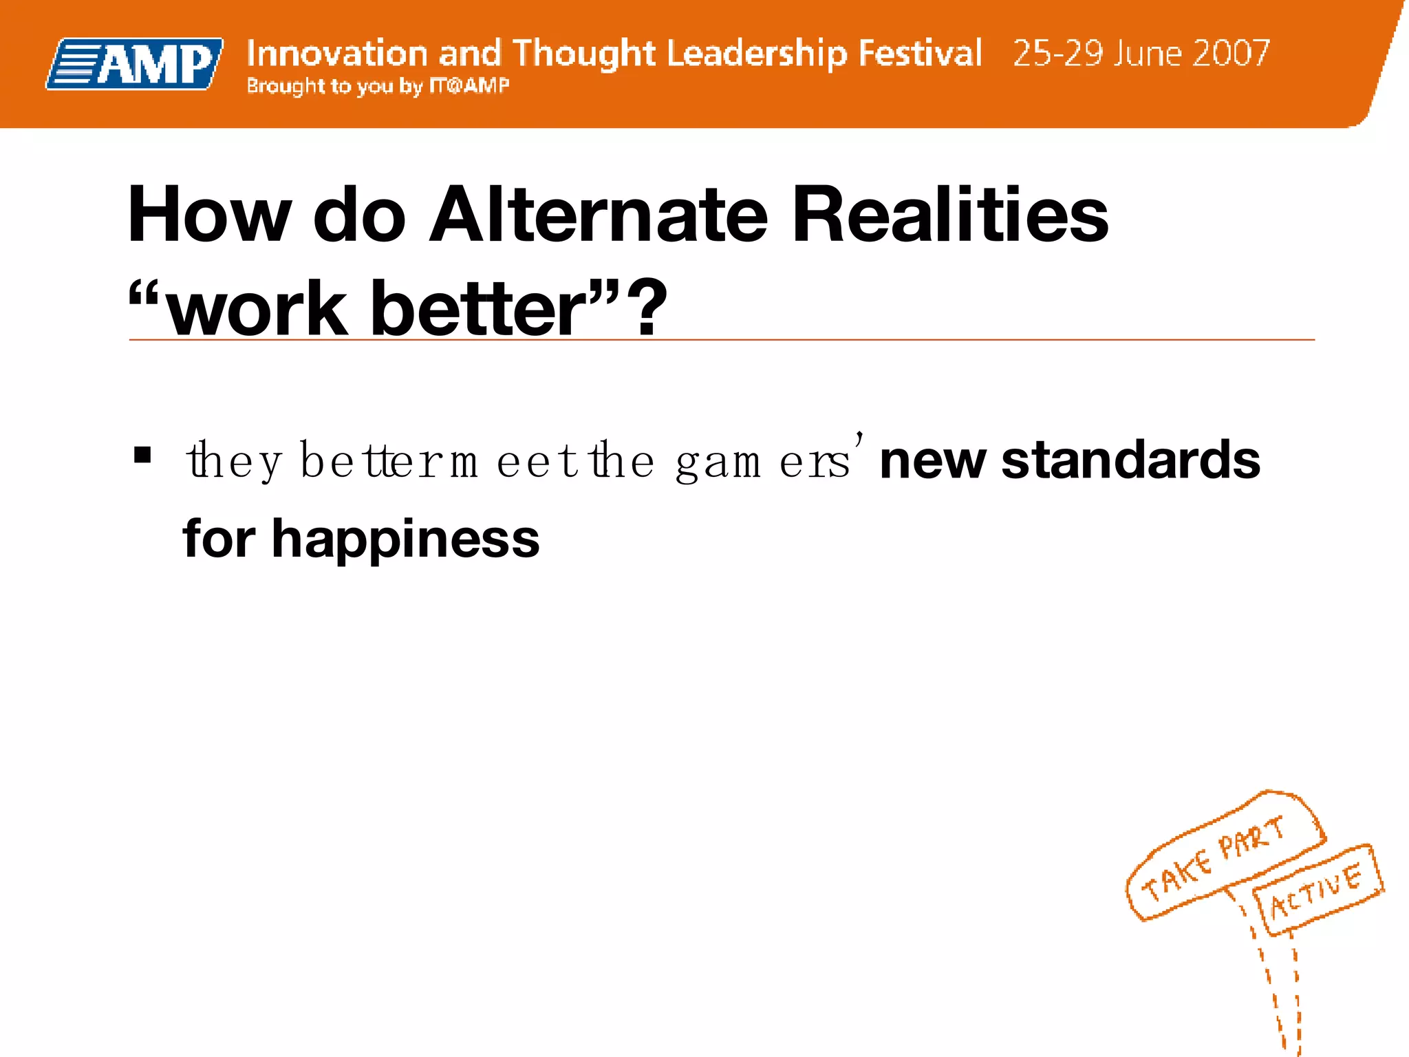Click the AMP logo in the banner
tap(135, 64)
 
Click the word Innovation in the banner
tap(336, 53)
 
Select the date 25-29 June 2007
tap(1141, 53)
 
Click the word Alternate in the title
tap(598, 215)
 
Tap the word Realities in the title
tap(949, 215)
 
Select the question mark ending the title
tap(650, 308)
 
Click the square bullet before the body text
tap(142, 455)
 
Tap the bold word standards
tap(1130, 460)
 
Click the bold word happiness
tap(405, 539)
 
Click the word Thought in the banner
tap(583, 53)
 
